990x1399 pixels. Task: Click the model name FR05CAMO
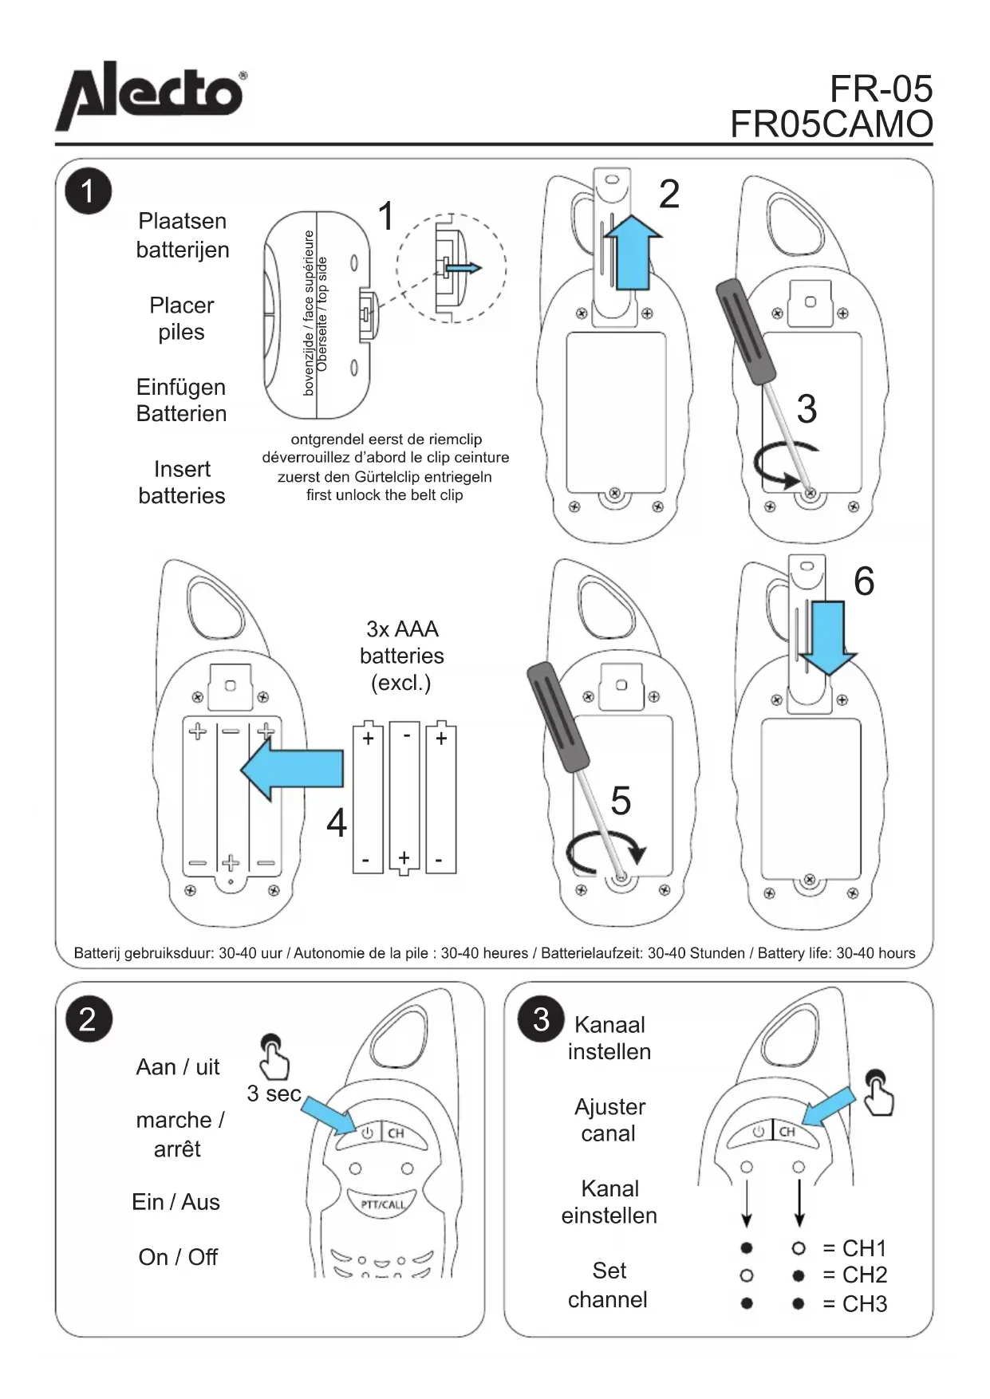coord(831,124)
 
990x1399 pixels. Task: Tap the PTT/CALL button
coord(382,1204)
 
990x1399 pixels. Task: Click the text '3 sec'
coord(274,1094)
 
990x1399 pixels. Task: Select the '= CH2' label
coord(854,1275)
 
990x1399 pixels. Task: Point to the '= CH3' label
coord(854,1303)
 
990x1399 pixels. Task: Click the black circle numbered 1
coord(88,192)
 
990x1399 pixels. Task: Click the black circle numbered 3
coord(541,1019)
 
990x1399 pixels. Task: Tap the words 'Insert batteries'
coord(182,482)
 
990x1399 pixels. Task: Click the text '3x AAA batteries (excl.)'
coord(402,656)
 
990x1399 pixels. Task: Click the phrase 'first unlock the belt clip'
coord(385,495)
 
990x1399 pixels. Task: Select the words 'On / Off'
coord(178,1257)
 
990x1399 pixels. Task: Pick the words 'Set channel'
coord(608,1285)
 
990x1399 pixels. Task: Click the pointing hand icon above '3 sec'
coord(273,1056)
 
